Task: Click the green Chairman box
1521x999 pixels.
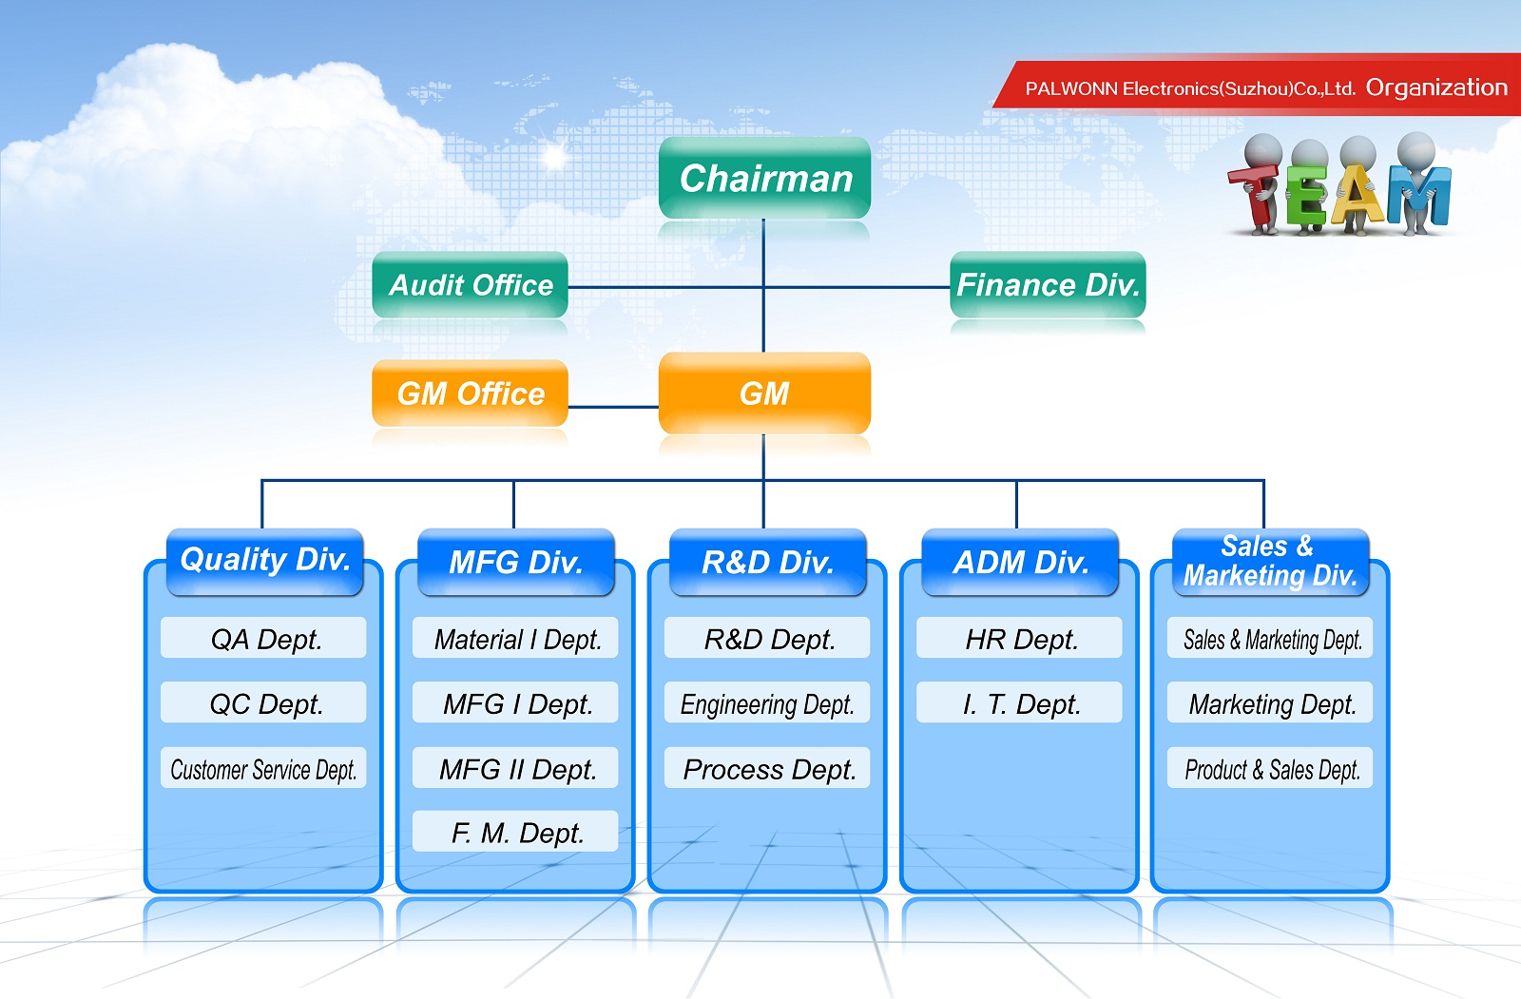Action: point(764,178)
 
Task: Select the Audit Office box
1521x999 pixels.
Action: point(470,284)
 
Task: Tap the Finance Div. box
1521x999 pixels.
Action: point(1048,284)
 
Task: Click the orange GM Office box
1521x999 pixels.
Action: point(470,394)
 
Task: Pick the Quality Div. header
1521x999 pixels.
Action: point(265,562)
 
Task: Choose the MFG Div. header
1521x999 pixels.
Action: point(516,562)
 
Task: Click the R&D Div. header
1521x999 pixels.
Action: point(768,562)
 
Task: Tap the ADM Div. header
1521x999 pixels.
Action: point(1020,562)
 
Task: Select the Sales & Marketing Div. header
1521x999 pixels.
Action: point(1270,562)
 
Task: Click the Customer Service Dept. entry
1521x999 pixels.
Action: point(263,768)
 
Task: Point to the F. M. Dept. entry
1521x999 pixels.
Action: point(515,832)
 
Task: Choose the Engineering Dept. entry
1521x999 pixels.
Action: point(767,702)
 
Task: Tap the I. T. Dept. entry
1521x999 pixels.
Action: point(1019,702)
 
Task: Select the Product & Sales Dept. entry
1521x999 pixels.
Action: point(1270,768)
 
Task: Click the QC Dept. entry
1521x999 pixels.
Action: point(263,702)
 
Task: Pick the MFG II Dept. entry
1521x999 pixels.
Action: point(515,768)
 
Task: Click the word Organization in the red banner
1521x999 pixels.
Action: point(1436,88)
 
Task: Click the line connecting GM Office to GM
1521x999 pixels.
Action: point(613,408)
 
